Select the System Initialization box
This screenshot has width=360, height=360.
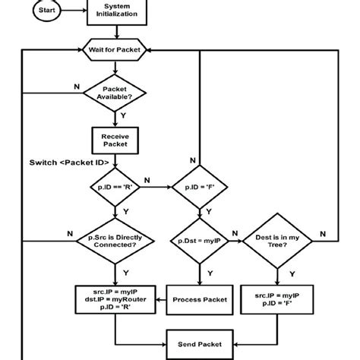pos(115,11)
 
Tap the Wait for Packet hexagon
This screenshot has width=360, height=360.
pos(115,49)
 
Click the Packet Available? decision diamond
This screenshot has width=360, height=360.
pos(115,93)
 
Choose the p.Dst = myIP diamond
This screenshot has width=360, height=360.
pos(199,241)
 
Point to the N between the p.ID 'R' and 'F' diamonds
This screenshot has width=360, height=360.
pos(147,180)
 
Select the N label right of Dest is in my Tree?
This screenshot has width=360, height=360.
pos(319,233)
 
